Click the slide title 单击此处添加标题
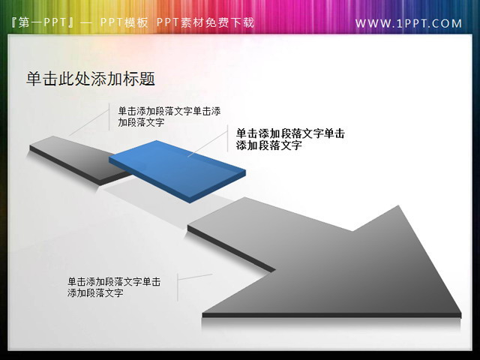(x=90, y=79)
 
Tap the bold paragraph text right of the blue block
(x=290, y=139)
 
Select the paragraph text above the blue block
(x=169, y=116)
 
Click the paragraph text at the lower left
(x=113, y=287)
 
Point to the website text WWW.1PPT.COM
(x=409, y=23)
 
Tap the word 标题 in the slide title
(x=142, y=79)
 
